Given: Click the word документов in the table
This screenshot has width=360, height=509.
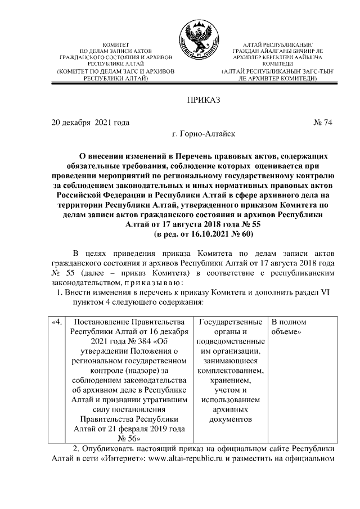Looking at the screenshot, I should (231, 419).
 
